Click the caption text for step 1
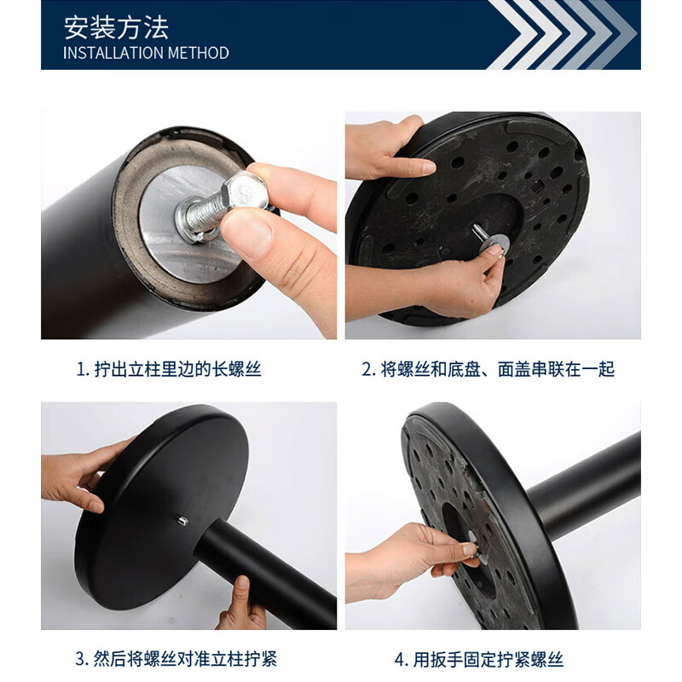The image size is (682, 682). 168,369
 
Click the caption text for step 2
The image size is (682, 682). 488,369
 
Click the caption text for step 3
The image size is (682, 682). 176,659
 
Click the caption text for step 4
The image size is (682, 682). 478,659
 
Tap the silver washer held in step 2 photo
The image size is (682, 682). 493,248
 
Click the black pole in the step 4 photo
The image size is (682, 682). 588,482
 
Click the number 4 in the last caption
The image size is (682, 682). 398,659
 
